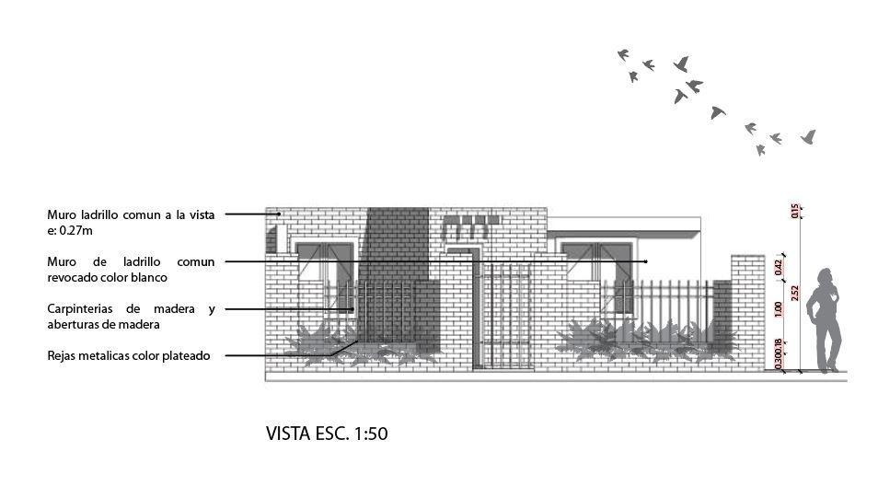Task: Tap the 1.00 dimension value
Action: pyautogui.click(x=779, y=309)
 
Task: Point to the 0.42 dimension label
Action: pyautogui.click(x=779, y=267)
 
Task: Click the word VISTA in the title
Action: pyautogui.click(x=288, y=434)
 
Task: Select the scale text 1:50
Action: pyautogui.click(x=368, y=434)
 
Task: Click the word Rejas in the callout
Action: pyautogui.click(x=64, y=355)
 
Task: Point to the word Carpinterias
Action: pyautogui.click(x=84, y=308)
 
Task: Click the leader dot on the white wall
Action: pyautogui.click(x=646, y=261)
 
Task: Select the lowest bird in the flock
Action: pyautogui.click(x=760, y=150)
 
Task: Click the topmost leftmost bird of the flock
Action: pyautogui.click(x=625, y=55)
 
